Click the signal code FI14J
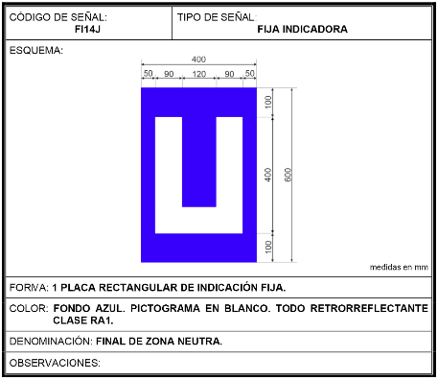87,29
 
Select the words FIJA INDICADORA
303,29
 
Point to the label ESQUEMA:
36,51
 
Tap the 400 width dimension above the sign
198,59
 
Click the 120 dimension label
199,74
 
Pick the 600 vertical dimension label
288,175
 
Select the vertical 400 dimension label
268,175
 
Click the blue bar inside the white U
199,162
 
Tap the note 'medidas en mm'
399,267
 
